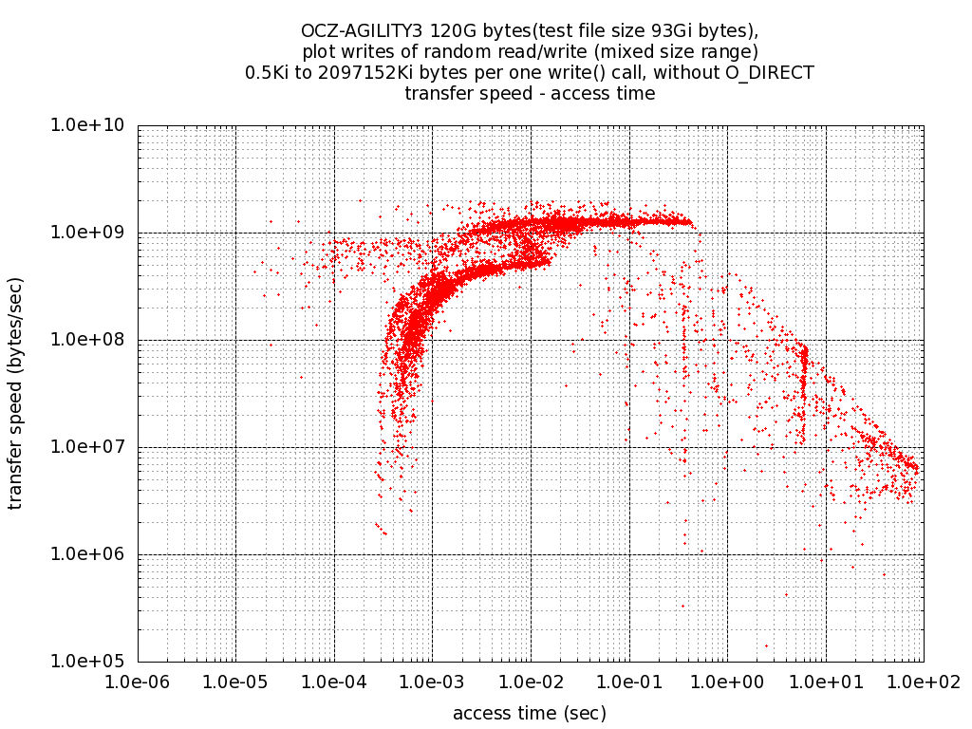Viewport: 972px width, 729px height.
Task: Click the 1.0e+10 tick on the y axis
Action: (x=94, y=125)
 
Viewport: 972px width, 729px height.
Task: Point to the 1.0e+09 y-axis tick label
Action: (x=94, y=233)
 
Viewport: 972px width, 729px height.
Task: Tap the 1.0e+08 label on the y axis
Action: (x=94, y=340)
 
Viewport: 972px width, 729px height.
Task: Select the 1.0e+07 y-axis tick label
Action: (x=94, y=447)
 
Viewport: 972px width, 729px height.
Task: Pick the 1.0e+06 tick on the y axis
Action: (x=94, y=554)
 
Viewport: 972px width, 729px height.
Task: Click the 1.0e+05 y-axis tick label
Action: (x=94, y=662)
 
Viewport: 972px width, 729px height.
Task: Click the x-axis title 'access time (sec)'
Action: (x=530, y=713)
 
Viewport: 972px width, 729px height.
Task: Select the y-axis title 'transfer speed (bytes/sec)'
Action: (x=16, y=393)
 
